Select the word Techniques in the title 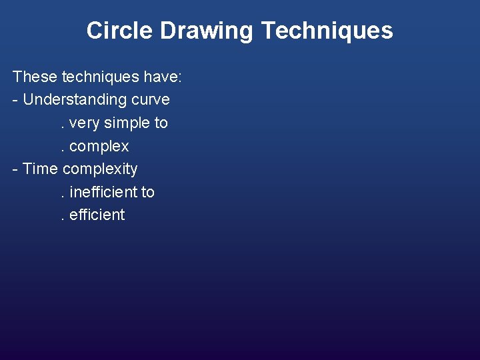[327, 31]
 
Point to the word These [35, 77]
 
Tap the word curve [151, 100]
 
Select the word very [84, 123]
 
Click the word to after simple [161, 123]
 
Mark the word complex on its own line [99, 147]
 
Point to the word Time [41, 169]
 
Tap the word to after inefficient [147, 192]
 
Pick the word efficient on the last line [97, 215]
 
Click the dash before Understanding [15, 101]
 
